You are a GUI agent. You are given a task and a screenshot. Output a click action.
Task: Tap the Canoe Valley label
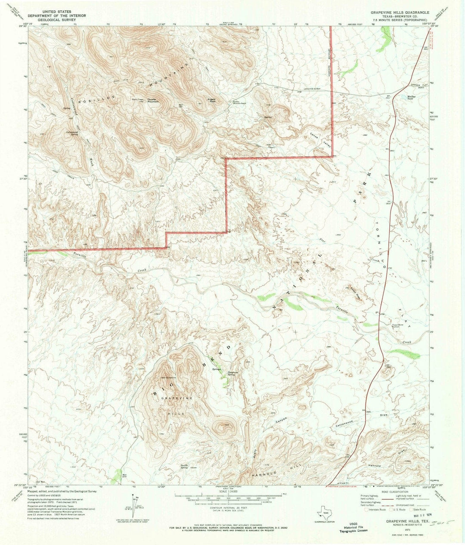coord(321,141)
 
